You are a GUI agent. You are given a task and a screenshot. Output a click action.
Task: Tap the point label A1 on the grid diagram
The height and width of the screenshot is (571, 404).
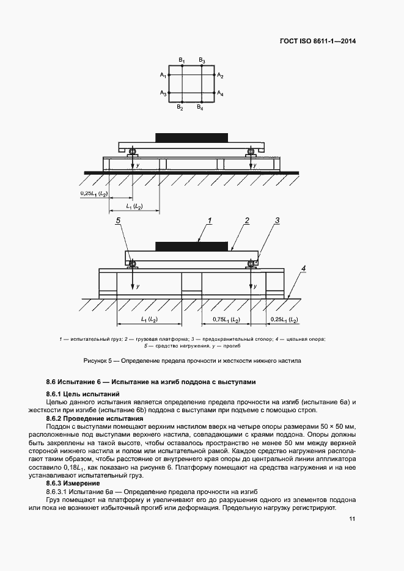163,75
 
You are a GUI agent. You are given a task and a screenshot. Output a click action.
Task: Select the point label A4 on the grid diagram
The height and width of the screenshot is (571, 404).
220,94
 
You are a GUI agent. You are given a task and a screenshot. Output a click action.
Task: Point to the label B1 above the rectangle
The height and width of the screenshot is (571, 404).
182,59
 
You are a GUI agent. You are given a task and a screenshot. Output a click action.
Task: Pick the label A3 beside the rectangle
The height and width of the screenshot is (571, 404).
163,93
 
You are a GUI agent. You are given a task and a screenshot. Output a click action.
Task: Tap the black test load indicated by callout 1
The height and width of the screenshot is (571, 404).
191,246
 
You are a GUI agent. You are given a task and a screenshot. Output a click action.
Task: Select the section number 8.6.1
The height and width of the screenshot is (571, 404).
56,395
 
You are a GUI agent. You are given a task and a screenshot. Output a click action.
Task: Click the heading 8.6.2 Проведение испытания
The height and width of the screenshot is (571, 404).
95,418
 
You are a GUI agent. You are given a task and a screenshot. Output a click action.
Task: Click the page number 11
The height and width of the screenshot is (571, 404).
352,519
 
